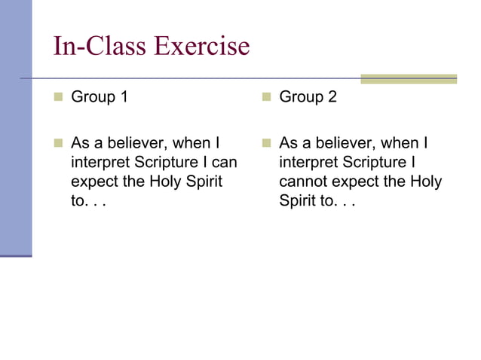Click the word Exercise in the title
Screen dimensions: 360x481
201,47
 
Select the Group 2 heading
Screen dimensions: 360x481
308,97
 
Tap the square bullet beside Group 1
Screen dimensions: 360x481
58,97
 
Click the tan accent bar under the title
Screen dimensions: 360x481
408,78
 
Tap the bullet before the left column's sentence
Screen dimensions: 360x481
58,143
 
